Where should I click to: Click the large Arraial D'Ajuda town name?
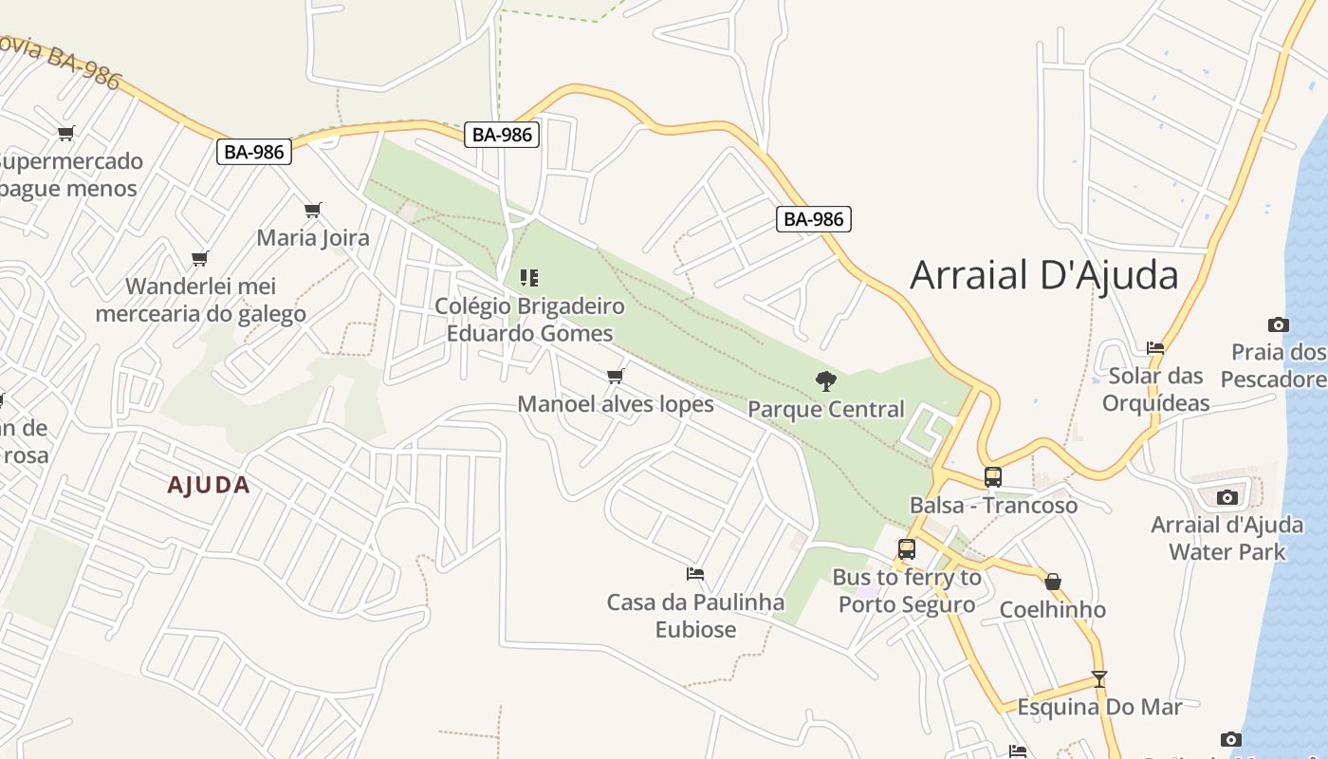[x=1043, y=275]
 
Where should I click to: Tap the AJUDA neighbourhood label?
[x=209, y=485]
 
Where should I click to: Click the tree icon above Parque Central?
[x=826, y=381]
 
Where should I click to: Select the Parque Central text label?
[x=826, y=409]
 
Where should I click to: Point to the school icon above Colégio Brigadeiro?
[x=529, y=278]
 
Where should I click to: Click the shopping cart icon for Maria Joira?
[x=313, y=210]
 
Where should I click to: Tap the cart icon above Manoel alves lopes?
[x=615, y=377]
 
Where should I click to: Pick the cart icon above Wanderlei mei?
[x=199, y=258]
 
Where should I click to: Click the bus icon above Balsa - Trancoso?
[x=992, y=477]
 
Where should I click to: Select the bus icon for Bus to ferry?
[x=907, y=549]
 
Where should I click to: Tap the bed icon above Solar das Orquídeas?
[x=1155, y=348]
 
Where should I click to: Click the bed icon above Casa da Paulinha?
[x=695, y=574]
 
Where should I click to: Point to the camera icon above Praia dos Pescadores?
[x=1279, y=324]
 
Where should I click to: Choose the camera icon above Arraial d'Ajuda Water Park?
[x=1227, y=497]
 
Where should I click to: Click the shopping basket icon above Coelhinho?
[x=1052, y=582]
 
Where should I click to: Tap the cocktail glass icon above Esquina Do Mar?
[x=1098, y=679]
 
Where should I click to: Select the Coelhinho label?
[x=1052, y=609]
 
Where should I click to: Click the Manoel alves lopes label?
[x=615, y=404]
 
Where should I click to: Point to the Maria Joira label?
[x=313, y=237]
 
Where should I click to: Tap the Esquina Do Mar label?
[x=1099, y=707]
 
